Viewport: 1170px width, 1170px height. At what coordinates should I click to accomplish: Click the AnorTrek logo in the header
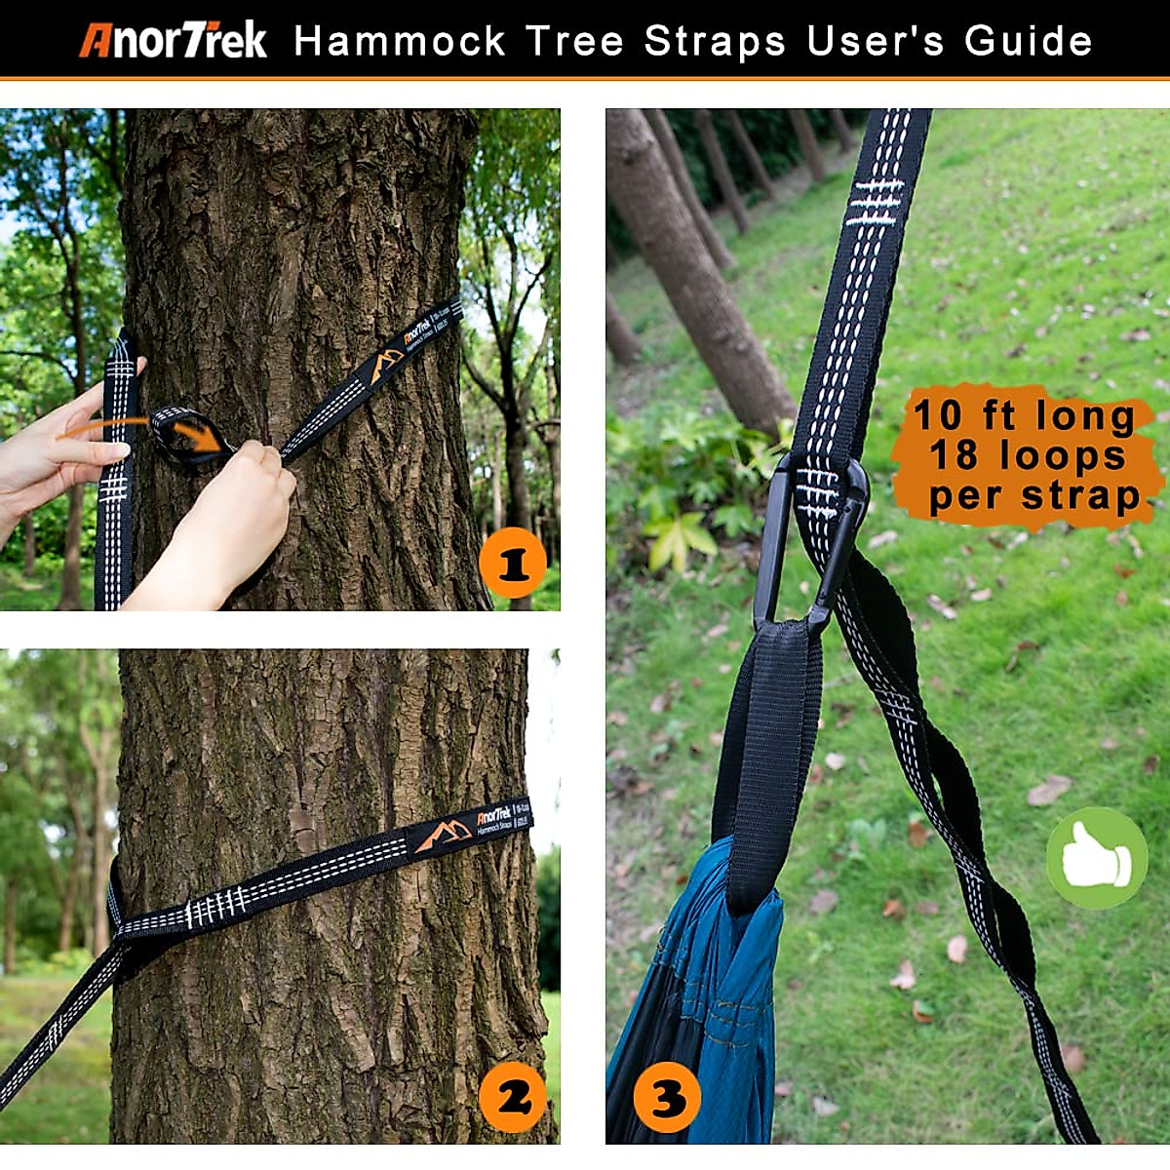[x=173, y=41]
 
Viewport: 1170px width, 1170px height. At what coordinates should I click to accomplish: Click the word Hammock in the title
[x=400, y=42]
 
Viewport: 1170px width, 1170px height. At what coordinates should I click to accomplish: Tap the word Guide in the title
[x=1029, y=42]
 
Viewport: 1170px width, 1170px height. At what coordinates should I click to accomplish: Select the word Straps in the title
[x=715, y=42]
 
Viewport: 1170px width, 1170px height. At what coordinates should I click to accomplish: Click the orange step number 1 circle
[x=513, y=564]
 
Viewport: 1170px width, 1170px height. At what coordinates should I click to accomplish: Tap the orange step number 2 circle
[x=514, y=1098]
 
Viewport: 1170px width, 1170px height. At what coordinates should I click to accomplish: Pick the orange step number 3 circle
[x=667, y=1098]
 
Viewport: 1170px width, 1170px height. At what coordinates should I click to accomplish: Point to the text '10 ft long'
[x=1024, y=415]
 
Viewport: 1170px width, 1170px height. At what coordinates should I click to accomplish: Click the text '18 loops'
[x=1028, y=455]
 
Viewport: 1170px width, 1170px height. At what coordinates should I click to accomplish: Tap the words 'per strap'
[x=1033, y=495]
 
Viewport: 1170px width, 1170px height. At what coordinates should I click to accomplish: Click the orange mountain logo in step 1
[x=387, y=367]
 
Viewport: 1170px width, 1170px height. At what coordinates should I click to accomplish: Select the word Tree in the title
[x=575, y=42]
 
